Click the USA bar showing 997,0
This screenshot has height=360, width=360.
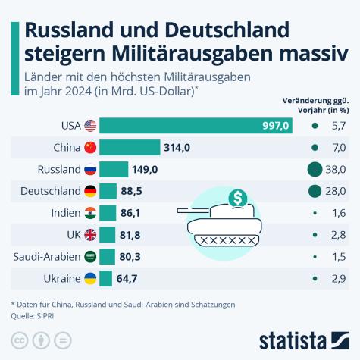click(x=196, y=126)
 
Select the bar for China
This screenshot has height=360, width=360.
click(x=130, y=148)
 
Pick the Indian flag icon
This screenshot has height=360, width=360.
click(x=89, y=213)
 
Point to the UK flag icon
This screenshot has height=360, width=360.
click(x=89, y=235)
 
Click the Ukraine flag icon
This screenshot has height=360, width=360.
click(x=89, y=279)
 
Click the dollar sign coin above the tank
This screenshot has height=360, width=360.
click(x=239, y=199)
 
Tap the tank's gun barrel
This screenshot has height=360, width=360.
click(x=192, y=210)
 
